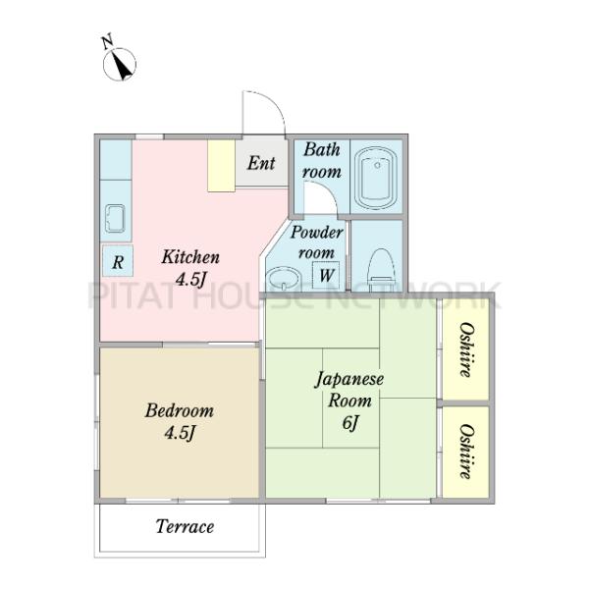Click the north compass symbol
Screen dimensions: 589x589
(x=120, y=65)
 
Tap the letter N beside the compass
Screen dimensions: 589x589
(x=107, y=41)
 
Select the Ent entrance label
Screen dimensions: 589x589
(x=261, y=163)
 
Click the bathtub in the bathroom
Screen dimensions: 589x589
(x=377, y=178)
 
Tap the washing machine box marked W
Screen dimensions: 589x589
(x=326, y=275)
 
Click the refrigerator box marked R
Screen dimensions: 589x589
(x=118, y=261)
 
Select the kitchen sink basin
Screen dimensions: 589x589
(x=115, y=218)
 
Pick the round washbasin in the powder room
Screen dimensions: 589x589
(x=284, y=278)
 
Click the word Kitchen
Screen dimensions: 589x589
(x=190, y=257)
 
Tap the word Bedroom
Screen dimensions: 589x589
(x=180, y=410)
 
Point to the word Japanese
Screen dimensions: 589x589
(x=349, y=379)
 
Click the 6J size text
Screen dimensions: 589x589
(x=350, y=424)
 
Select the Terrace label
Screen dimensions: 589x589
(x=185, y=526)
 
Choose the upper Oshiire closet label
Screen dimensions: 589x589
(x=465, y=349)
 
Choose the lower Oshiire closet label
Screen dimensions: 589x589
(x=465, y=452)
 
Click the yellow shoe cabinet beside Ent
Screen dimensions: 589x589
(x=222, y=166)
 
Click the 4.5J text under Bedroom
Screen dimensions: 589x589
(x=180, y=433)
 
